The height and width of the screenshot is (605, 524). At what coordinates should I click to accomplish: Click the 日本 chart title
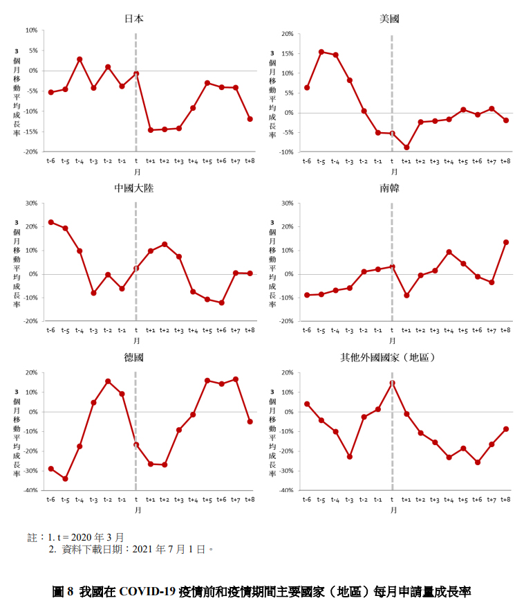(134, 19)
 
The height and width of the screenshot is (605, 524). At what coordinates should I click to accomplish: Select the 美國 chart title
(389, 19)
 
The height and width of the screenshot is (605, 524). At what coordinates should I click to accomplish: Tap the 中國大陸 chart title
(134, 188)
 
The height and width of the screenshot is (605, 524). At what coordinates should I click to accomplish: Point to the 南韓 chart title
(389, 188)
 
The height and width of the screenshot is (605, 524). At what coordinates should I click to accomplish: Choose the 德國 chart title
(134, 357)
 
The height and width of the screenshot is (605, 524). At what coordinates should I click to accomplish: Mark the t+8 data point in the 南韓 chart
(505, 242)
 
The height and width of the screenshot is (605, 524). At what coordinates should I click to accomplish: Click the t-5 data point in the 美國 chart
(321, 52)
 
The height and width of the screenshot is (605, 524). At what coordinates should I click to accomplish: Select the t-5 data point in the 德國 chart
(65, 478)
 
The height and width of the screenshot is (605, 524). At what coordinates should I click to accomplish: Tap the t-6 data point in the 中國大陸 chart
(50, 222)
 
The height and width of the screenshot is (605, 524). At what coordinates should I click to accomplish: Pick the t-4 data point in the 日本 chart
(79, 59)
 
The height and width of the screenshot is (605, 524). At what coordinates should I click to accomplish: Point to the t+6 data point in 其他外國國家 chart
(477, 462)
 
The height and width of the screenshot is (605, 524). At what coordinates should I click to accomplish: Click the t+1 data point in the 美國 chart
(406, 147)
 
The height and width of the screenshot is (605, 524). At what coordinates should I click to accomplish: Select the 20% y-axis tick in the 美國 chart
(287, 33)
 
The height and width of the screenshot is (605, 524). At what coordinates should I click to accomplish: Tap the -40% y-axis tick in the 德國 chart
(30, 490)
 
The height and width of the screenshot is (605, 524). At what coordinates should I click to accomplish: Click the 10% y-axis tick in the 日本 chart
(31, 30)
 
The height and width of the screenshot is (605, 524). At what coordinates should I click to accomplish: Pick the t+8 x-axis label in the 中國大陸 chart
(249, 330)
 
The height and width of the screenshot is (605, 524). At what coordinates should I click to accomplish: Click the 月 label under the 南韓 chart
(392, 341)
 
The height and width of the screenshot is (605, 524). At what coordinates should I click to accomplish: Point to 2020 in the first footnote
(84, 536)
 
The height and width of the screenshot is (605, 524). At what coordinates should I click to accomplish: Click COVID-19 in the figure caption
(147, 592)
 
